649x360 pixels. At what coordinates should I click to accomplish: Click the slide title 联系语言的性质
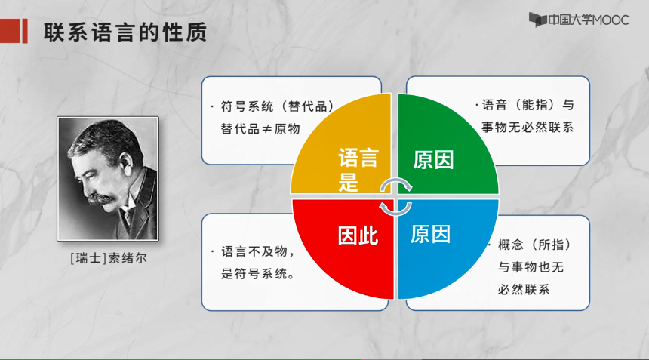tap(125, 32)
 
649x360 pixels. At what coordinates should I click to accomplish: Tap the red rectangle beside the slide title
tap(14, 31)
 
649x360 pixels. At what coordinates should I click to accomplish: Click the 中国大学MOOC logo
tap(579, 20)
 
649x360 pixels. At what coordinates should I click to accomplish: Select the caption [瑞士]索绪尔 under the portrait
tap(109, 258)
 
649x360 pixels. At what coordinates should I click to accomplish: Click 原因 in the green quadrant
tap(433, 160)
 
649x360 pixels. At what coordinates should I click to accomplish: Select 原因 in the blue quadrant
tap(430, 234)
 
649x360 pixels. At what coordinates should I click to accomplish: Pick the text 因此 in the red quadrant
tap(358, 236)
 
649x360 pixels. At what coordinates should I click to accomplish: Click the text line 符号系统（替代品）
tap(277, 106)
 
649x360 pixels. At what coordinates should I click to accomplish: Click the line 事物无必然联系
tap(528, 127)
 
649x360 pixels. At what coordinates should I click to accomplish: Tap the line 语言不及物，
tap(258, 251)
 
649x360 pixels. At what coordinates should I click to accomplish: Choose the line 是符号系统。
tap(257, 273)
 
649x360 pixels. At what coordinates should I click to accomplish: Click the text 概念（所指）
tap(534, 245)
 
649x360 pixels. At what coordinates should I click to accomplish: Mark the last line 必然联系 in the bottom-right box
tap(524, 289)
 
